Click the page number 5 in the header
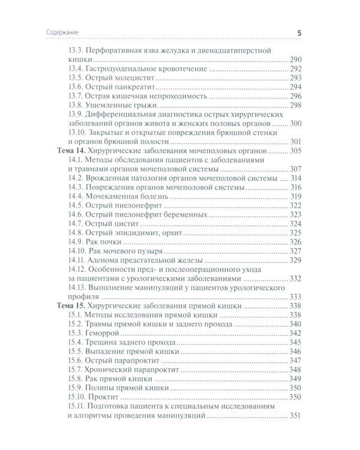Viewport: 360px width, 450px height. pos(299,32)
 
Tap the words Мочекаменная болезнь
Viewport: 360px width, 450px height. pos(127,196)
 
